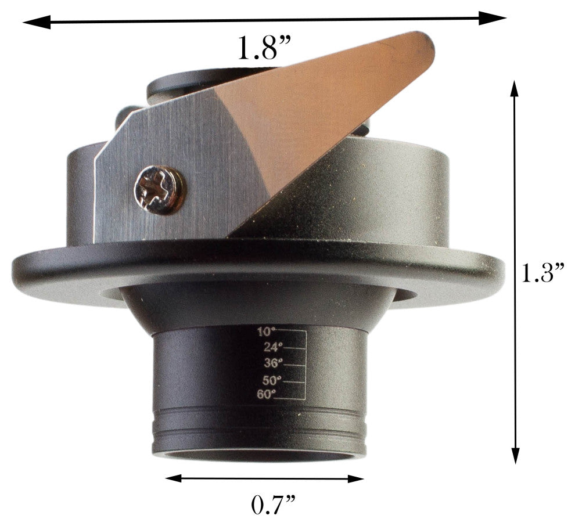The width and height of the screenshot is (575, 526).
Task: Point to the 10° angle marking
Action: click(x=266, y=332)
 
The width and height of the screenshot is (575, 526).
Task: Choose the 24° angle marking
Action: click(x=269, y=348)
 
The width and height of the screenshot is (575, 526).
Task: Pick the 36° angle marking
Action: click(x=269, y=363)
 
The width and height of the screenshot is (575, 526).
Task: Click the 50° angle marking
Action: click(x=269, y=380)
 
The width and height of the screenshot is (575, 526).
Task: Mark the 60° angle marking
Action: click(x=266, y=395)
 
